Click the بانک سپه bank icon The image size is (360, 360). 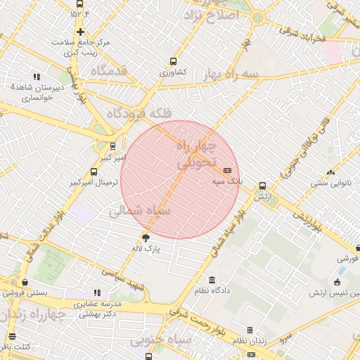(227, 170)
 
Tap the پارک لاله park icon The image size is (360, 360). (146, 237)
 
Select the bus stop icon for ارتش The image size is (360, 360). (262, 186)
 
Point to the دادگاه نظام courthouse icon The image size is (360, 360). (212, 280)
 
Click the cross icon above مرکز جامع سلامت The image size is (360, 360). (80, 32)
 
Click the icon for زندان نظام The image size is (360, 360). (249, 330)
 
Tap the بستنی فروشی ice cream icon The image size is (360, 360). (25, 282)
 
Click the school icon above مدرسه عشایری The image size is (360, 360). (97, 292)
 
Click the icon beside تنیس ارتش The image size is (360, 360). (338, 283)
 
